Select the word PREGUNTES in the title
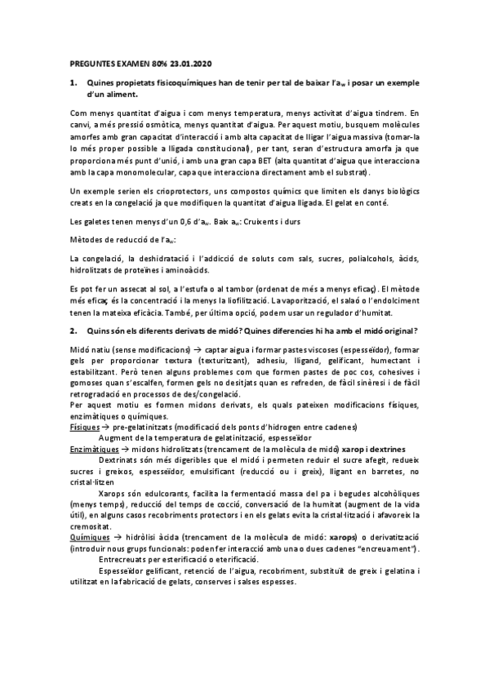click(89, 63)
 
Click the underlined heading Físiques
click(84, 428)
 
